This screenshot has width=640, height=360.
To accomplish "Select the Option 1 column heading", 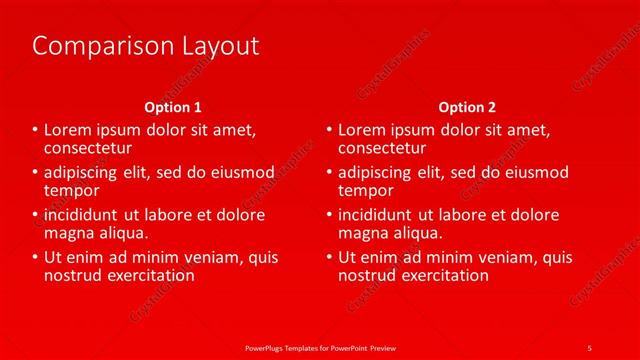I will [x=173, y=106].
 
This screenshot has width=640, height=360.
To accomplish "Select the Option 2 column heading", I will [x=467, y=106].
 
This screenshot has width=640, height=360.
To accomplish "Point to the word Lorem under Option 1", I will [x=68, y=130].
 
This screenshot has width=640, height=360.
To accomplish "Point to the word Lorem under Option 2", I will [x=362, y=130].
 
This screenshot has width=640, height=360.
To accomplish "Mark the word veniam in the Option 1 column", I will [x=209, y=258].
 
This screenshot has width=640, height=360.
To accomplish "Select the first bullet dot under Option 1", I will [x=36, y=130].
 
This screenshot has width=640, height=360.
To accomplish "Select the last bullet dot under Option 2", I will [x=330, y=258].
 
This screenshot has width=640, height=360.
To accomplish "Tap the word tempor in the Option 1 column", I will [x=72, y=190].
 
